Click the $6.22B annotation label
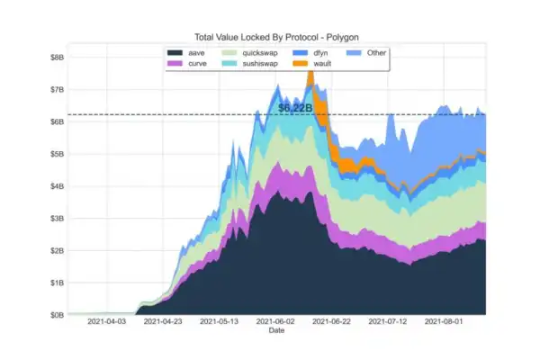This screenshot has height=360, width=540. [x=295, y=108]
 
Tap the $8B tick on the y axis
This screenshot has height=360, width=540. [x=57, y=57]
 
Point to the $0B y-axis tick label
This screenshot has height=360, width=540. [x=57, y=314]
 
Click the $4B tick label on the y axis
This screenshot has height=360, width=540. [x=57, y=185]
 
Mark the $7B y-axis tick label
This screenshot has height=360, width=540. [x=57, y=89]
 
